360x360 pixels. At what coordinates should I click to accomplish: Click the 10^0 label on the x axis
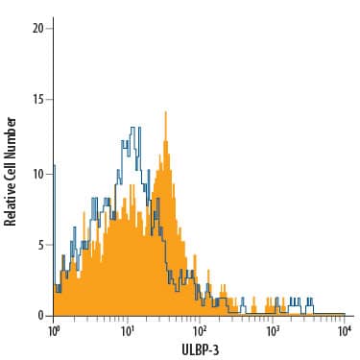[54, 331]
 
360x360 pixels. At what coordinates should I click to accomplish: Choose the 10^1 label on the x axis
[127, 331]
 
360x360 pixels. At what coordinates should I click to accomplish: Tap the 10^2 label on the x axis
[199, 331]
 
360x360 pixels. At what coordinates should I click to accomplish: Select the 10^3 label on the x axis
[272, 331]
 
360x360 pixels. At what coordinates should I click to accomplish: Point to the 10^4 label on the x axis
[344, 331]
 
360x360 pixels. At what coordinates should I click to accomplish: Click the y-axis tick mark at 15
[51, 100]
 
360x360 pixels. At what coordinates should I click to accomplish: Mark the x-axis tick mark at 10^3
[272, 319]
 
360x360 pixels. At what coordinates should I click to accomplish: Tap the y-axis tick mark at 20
[51, 28]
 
